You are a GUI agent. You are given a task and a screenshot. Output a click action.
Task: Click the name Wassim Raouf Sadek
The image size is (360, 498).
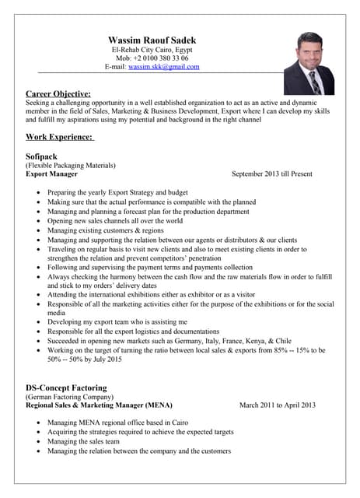click(x=152, y=40)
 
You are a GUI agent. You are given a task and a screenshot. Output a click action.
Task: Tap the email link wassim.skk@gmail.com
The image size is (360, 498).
click(x=163, y=67)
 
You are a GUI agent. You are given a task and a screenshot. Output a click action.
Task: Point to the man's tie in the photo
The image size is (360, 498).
click(x=315, y=82)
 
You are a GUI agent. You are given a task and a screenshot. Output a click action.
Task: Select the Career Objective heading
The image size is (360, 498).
click(x=58, y=93)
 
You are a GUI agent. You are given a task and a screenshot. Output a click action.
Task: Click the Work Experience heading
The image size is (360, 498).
click(x=59, y=137)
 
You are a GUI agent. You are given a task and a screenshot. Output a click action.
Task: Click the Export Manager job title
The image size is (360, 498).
click(x=51, y=174)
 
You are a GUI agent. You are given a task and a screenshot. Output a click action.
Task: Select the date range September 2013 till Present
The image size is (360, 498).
click(x=271, y=174)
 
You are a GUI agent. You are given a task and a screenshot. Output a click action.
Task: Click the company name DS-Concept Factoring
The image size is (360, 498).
click(x=66, y=388)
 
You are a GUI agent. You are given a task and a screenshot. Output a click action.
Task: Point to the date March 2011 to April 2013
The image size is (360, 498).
click(x=277, y=405)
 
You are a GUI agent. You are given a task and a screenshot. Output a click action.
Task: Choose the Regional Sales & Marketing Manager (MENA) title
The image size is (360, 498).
click(x=99, y=405)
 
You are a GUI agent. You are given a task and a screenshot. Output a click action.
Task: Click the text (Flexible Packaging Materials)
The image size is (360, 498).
click(x=71, y=166)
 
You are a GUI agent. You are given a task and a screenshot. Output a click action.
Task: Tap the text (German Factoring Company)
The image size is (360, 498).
click(x=70, y=397)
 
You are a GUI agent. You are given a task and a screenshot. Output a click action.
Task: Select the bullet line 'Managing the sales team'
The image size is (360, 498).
click(x=83, y=441)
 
